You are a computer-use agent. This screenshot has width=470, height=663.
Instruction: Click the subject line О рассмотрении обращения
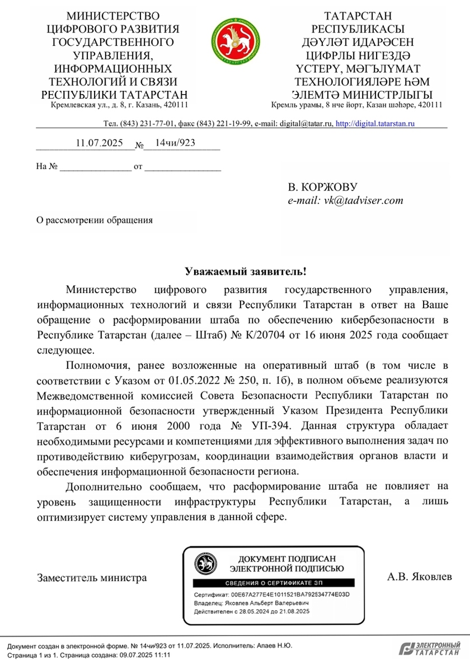94,220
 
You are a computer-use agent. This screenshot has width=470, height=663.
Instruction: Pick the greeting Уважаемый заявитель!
246,272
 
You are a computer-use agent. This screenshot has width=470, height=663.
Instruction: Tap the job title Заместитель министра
92,577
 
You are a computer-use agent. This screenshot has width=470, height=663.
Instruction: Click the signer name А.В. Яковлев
419,576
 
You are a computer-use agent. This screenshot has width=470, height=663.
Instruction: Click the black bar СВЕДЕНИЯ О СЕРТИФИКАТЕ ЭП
272,582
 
